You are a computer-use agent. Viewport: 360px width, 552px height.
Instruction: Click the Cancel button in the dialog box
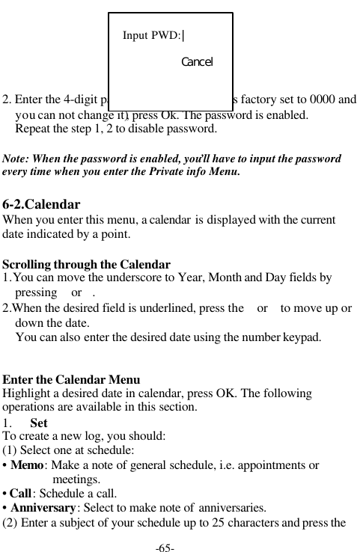click(x=197, y=61)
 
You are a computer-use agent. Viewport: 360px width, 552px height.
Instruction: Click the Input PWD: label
click(x=151, y=35)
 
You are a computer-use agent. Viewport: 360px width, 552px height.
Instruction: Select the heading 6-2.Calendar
click(x=42, y=204)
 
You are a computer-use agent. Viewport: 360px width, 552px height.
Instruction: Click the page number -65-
click(x=165, y=548)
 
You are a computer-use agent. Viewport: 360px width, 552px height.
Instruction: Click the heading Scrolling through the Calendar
click(x=87, y=264)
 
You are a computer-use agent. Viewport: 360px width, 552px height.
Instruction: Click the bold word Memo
click(x=26, y=465)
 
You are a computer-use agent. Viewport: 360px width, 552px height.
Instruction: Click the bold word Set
click(x=39, y=423)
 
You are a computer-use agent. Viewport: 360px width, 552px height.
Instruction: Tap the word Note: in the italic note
click(x=18, y=159)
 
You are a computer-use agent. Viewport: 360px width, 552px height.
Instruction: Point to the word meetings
click(x=77, y=479)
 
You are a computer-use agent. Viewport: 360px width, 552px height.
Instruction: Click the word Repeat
click(x=34, y=128)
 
